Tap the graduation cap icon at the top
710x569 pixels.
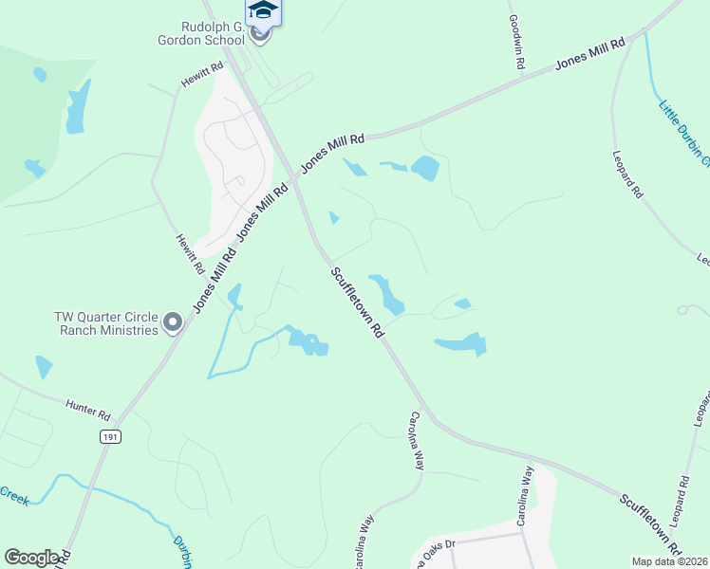pyautogui.click(x=263, y=10)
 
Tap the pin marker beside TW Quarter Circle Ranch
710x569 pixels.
pyautogui.click(x=173, y=323)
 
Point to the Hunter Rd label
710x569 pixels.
pyautogui.click(x=88, y=410)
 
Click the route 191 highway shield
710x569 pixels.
pyautogui.click(x=109, y=435)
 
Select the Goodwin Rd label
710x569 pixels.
pyautogui.click(x=517, y=42)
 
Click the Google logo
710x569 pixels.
pyautogui.click(x=32, y=558)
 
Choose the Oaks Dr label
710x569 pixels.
pyautogui.click(x=438, y=547)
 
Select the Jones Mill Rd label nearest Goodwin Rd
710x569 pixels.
pyautogui.click(x=590, y=53)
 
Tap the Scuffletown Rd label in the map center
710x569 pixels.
pyautogui.click(x=357, y=303)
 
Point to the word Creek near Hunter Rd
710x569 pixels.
pyautogui.click(x=13, y=494)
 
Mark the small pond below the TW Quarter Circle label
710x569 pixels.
pyautogui.click(x=44, y=366)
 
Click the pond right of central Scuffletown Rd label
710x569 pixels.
pyautogui.click(x=386, y=293)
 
